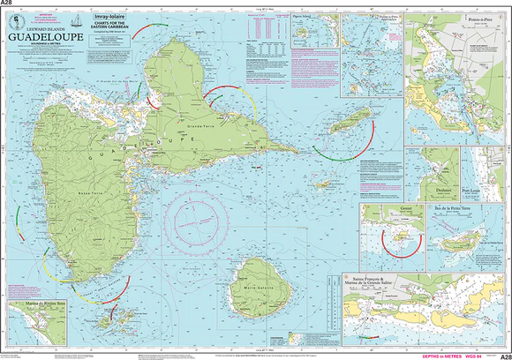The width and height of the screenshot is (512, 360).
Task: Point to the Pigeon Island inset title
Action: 305,16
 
